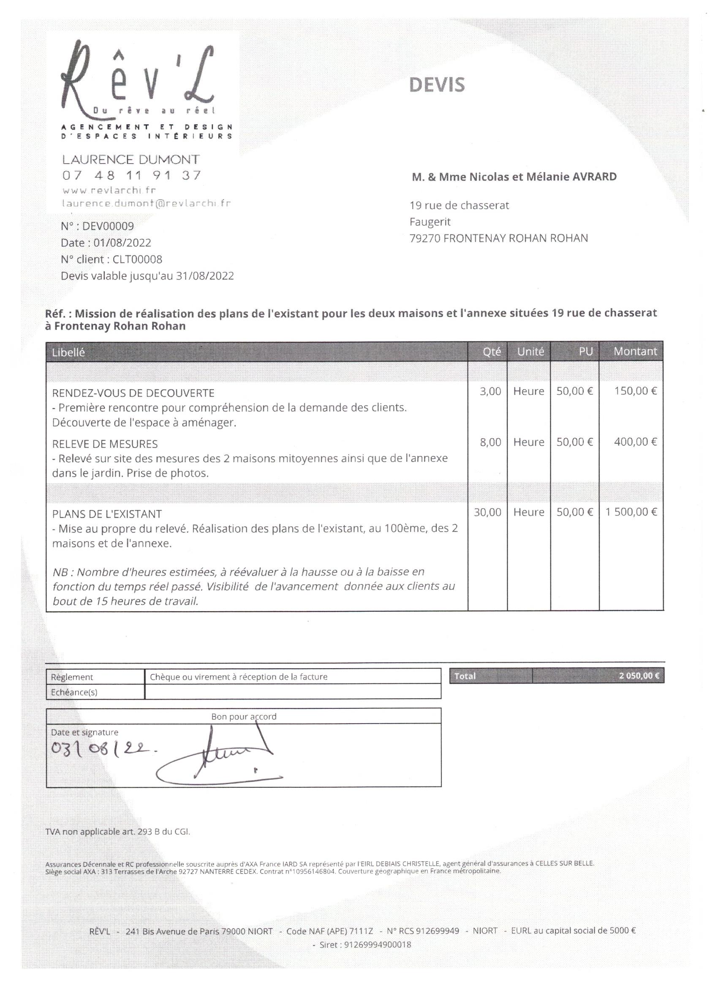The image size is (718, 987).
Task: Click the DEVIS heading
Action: (437, 85)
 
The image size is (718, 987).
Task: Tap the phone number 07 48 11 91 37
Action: (132, 175)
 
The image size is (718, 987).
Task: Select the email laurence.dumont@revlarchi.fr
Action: (146, 203)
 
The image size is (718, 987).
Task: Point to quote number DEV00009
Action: (108, 226)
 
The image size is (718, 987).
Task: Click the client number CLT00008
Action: (137, 259)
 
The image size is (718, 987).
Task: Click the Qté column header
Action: (492, 352)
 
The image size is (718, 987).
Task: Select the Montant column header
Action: (635, 351)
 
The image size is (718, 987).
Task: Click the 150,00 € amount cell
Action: (635, 391)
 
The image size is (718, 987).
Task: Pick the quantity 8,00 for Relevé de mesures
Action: (490, 442)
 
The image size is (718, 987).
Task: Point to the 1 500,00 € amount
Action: (631, 512)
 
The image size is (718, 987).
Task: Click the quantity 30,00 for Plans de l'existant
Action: (488, 512)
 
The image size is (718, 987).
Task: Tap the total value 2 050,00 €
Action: (639, 676)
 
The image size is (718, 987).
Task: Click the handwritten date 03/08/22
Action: (103, 748)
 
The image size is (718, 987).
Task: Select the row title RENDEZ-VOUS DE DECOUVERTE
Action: (133, 393)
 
